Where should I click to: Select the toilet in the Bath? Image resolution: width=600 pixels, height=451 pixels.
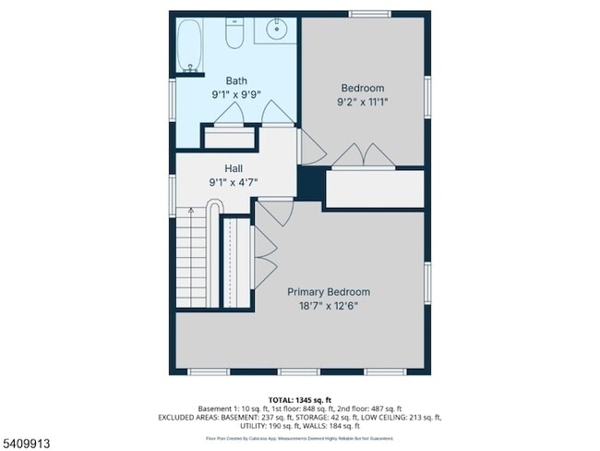coord(234,35)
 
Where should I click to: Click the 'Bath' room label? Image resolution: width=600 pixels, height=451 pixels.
coord(236,80)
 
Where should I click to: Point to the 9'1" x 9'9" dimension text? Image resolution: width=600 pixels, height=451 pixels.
coord(236,94)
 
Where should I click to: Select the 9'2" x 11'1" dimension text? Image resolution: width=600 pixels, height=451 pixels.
coord(362,103)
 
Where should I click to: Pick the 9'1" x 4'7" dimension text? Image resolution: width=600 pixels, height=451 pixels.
coord(233,182)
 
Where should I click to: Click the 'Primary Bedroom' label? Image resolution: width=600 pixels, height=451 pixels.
coord(329,291)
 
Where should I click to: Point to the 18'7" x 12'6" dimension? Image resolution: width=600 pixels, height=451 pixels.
coord(329,306)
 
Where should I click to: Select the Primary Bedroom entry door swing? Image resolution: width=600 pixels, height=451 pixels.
coord(273,214)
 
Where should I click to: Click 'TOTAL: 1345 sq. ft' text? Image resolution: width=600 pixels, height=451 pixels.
coord(299,399)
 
